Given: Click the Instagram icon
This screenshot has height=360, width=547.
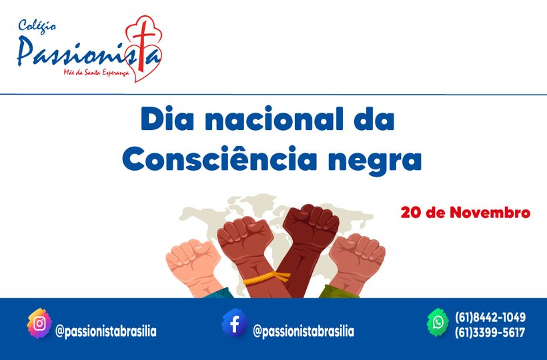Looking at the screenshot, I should (39, 324).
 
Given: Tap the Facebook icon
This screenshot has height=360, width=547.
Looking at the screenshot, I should (234, 323).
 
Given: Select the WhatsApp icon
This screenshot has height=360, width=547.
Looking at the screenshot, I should (438, 323).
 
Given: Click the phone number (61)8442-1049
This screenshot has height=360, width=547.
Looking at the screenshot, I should (490, 317).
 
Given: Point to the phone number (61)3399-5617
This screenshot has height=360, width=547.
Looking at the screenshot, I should (490, 333).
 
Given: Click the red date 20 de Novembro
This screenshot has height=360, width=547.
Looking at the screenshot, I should (465, 213).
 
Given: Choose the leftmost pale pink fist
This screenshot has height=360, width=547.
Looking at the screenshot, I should (193, 259).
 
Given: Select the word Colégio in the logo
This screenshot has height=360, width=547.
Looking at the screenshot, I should (38, 26).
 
